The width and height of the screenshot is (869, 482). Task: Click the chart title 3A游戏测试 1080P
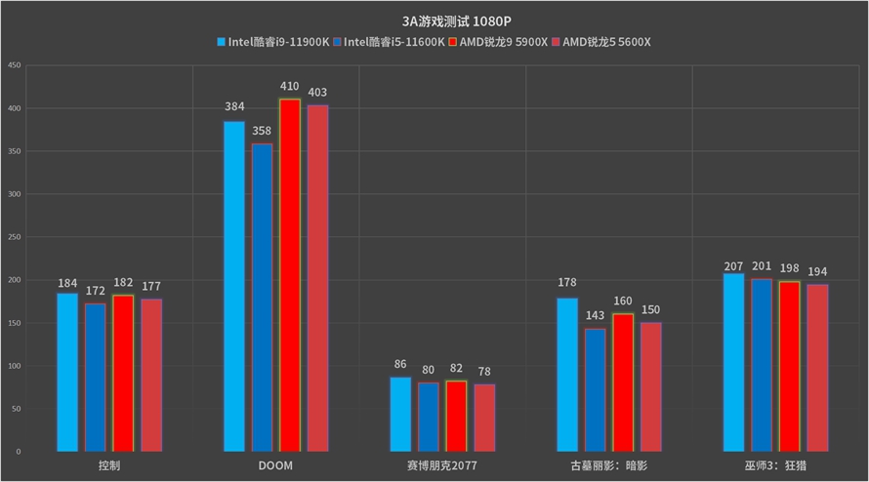[434, 20]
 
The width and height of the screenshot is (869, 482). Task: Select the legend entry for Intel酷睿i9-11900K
[272, 42]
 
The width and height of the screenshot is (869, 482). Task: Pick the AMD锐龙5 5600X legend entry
[600, 42]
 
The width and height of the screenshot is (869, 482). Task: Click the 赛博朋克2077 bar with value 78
[484, 418]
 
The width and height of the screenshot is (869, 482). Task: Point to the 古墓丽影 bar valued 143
[595, 390]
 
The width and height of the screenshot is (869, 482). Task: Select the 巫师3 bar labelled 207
[733, 362]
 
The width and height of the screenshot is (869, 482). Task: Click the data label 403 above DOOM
[318, 93]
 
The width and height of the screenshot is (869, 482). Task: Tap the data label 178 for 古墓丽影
[567, 284]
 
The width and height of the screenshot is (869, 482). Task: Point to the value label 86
[400, 364]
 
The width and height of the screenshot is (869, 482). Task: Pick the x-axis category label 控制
[109, 466]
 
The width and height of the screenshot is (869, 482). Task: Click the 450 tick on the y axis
[14, 65]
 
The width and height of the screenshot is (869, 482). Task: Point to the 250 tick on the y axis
[14, 237]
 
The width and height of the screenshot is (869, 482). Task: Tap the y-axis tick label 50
[16, 409]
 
